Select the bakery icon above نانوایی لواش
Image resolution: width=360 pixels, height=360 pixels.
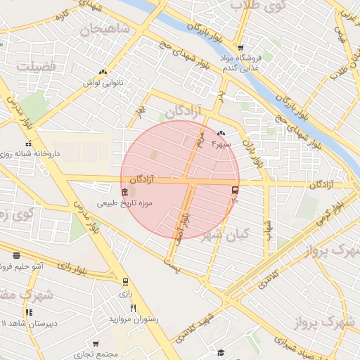103,72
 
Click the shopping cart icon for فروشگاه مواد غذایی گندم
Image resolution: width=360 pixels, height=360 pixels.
240,47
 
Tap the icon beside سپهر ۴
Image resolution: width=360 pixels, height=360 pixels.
221,133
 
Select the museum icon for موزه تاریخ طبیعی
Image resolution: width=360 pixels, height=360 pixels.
125,191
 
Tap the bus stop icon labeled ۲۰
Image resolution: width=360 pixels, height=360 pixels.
235,190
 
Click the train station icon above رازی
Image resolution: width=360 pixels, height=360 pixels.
125,281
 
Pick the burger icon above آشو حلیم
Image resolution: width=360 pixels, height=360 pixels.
16,255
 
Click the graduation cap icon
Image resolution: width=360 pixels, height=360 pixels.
221,352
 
